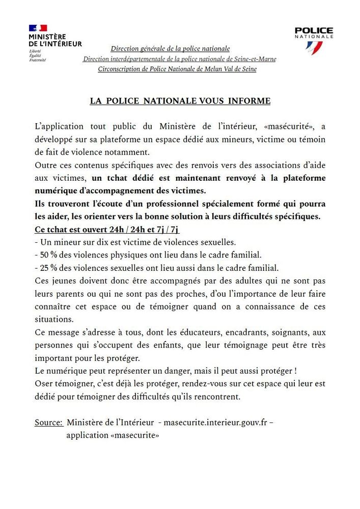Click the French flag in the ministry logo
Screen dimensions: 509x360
click(x=38, y=28)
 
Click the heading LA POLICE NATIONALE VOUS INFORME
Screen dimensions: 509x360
click(x=180, y=101)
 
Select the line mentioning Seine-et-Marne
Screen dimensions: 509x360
click(x=180, y=59)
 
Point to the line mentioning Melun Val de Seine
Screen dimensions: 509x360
click(x=177, y=69)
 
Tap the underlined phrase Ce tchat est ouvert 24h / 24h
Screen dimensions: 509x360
click(x=107, y=229)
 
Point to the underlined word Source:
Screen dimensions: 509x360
click(x=49, y=422)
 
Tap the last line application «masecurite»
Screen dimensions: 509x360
click(x=113, y=435)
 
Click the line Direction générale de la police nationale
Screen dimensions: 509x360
click(x=170, y=49)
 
